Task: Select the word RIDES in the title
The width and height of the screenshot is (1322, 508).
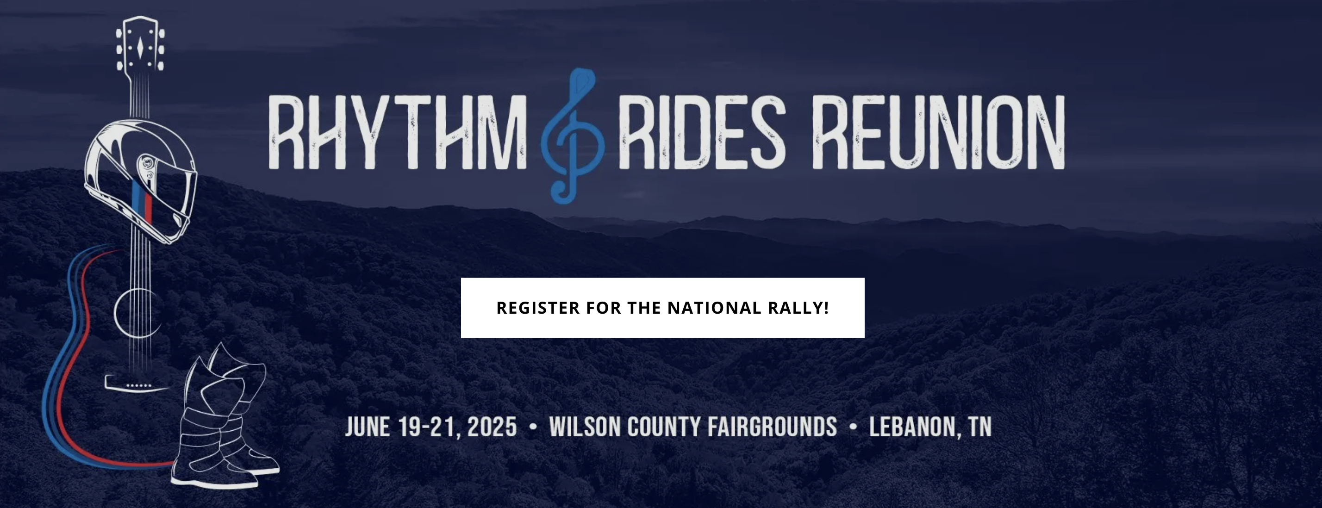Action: (702, 132)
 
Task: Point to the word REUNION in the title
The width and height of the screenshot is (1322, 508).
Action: (940, 132)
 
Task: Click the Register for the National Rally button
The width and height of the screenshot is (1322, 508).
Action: (662, 308)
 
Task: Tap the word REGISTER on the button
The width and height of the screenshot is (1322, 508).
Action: (538, 308)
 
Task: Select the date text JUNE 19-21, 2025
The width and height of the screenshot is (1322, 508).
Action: (430, 427)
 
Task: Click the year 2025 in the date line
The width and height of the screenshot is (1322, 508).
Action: (492, 427)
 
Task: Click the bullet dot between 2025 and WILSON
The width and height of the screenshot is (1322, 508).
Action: (533, 427)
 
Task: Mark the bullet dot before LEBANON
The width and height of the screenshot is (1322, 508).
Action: (853, 427)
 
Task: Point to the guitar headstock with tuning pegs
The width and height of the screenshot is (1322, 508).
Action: (140, 44)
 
